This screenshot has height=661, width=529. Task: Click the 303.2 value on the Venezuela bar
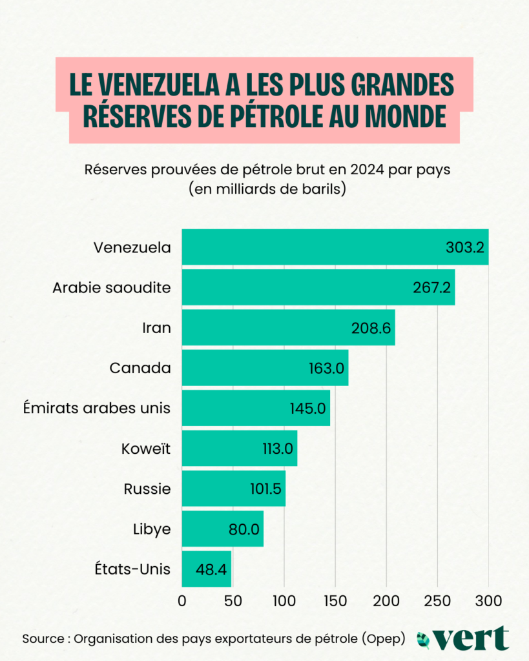[x=465, y=247]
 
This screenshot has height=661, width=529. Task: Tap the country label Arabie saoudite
[x=112, y=287]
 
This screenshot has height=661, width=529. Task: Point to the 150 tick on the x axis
[x=335, y=602]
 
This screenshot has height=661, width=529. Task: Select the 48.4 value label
[x=212, y=569]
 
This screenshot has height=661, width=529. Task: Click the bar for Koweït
[x=239, y=449]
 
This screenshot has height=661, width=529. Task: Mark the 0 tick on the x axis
[x=182, y=602]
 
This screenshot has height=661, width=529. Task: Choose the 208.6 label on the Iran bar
[x=371, y=328]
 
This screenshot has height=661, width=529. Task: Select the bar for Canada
[x=265, y=368]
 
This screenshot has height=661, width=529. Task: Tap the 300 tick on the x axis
[x=488, y=602]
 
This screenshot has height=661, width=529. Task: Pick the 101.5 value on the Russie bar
[x=265, y=489]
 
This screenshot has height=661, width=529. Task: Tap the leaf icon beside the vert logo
[x=424, y=640]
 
